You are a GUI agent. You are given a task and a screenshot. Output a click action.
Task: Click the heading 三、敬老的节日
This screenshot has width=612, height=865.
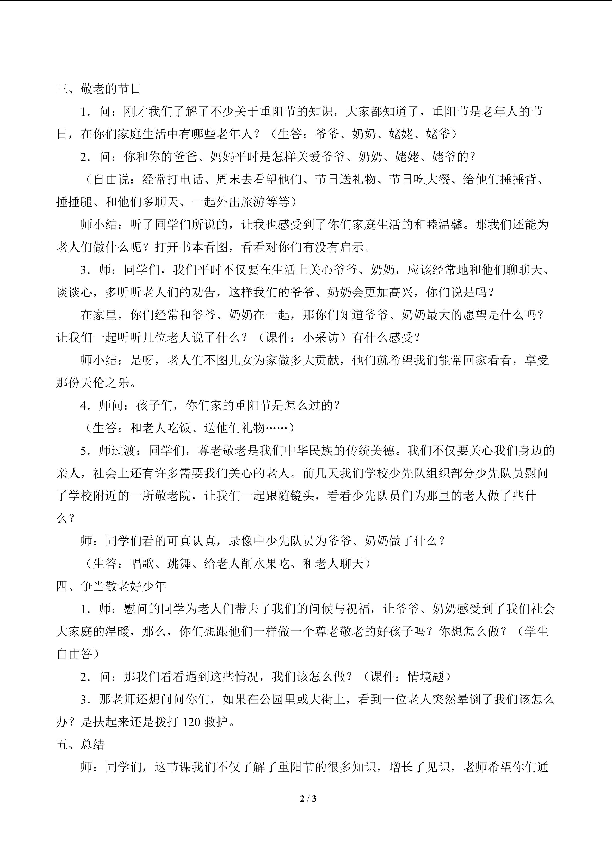pos(98,89)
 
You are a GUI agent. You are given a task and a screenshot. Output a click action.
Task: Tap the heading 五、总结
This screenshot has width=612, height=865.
pos(80,745)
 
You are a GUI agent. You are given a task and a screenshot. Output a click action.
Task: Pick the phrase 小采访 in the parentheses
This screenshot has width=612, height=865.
pos(321,338)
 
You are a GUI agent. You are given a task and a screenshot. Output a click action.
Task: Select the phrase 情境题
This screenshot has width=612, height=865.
pos(426,677)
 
